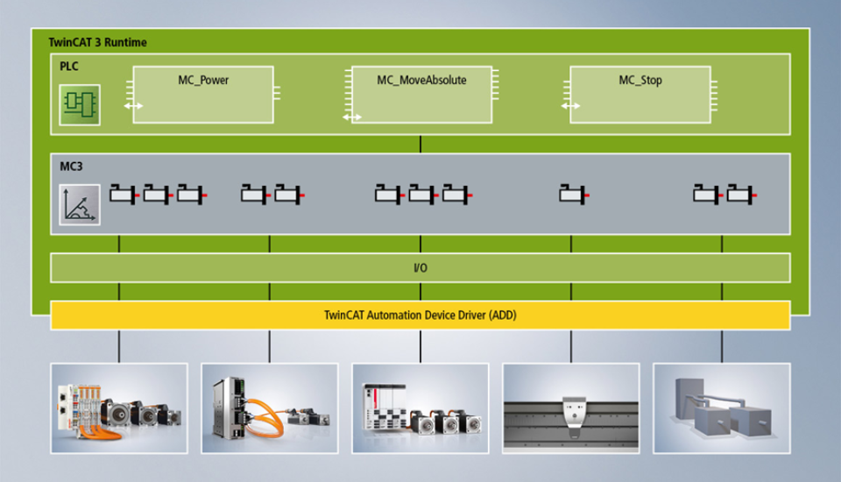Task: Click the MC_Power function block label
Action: point(203,81)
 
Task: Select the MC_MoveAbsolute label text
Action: point(421,81)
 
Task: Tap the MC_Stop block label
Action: point(640,81)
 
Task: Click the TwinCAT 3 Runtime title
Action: point(97,42)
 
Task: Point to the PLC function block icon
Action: point(80,104)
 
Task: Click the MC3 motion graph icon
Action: point(80,204)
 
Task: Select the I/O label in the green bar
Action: point(420,268)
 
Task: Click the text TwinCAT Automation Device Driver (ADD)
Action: point(420,315)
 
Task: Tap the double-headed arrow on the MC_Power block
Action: point(133,106)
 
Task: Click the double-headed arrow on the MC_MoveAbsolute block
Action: point(352,117)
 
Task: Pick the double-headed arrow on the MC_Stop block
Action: point(570,106)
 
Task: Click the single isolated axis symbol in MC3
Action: point(574,195)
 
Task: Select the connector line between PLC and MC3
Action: point(420,145)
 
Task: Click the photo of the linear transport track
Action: point(570,408)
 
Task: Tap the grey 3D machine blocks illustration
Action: point(721,408)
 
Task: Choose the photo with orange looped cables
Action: point(270,408)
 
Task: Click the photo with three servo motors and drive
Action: point(420,408)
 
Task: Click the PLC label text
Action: point(69,67)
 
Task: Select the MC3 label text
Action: point(71,167)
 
